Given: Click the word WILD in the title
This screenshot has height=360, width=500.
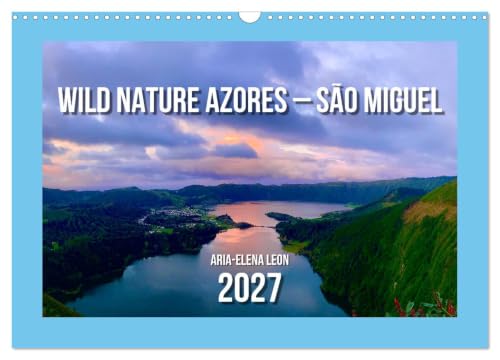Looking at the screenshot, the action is click(84, 100).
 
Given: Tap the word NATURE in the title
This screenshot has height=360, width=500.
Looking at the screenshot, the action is click(158, 100).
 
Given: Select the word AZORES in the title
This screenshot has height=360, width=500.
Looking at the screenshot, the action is click(246, 100).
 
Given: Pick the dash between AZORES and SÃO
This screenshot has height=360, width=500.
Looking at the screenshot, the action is click(301, 100).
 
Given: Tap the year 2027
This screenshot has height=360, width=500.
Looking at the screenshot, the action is click(249, 288).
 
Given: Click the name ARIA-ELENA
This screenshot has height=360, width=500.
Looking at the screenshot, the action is click(235, 260).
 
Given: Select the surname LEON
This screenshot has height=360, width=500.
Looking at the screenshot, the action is click(275, 260).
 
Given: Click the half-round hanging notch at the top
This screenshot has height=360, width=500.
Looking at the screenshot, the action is click(250, 17).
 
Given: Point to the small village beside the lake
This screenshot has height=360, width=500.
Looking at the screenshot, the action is click(178, 212).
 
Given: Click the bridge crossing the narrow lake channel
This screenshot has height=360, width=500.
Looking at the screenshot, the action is click(263, 227).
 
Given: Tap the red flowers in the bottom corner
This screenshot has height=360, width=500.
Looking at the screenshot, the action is click(423, 305).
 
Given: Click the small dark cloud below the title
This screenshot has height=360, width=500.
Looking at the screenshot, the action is click(235, 151).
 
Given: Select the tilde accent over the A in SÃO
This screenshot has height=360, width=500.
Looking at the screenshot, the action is click(337, 87).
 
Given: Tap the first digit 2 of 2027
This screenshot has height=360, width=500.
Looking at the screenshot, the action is click(226, 288).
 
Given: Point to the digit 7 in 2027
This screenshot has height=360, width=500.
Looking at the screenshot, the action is click(274, 288).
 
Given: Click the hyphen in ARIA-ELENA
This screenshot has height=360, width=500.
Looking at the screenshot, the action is click(234, 261).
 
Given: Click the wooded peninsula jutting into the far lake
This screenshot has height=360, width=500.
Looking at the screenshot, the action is click(283, 217).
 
